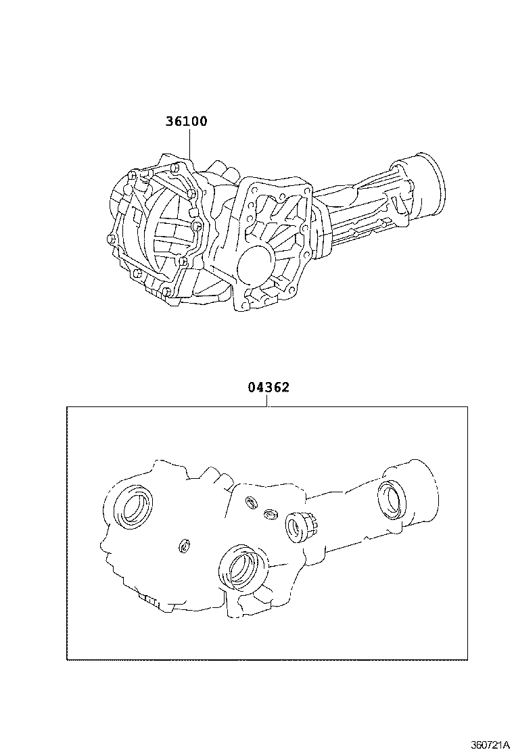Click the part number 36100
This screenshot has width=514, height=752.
click(187, 122)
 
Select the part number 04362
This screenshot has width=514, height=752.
click(268, 387)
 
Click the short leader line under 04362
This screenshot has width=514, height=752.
click(268, 401)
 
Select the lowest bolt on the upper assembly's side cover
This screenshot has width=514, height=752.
click(166, 292)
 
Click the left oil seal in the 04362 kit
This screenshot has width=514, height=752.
click(133, 505)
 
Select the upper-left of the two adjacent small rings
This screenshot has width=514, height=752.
click(251, 501)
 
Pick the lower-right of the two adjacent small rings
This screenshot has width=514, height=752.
click(269, 514)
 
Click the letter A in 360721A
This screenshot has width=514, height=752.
click(505, 745)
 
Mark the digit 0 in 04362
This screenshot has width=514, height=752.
click(252, 387)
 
